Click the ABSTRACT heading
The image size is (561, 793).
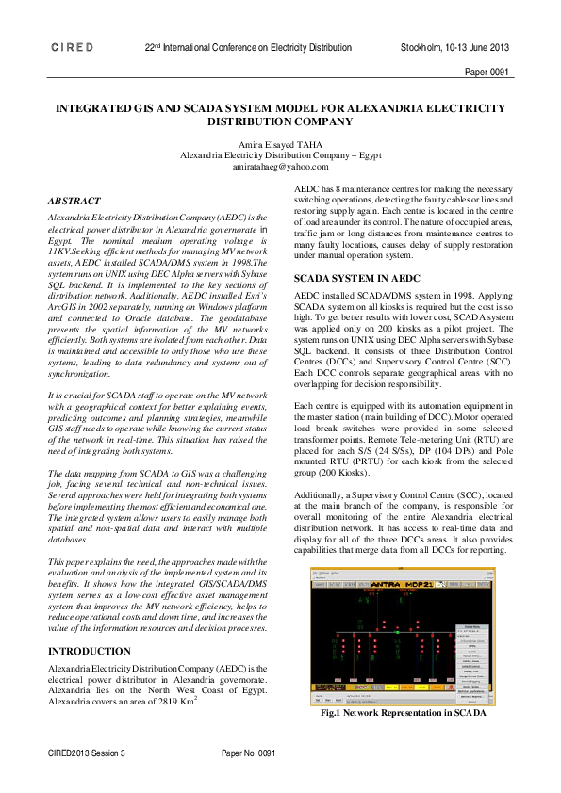76,201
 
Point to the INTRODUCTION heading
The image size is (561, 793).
90,651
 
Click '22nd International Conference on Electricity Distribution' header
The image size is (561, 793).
248,47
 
